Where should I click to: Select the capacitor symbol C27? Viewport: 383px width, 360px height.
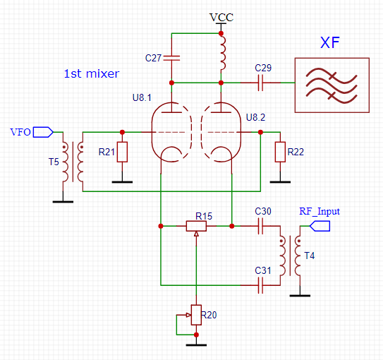(173, 57)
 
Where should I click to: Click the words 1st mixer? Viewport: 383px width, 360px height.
(92, 73)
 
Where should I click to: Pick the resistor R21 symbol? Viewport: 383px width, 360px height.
(123, 152)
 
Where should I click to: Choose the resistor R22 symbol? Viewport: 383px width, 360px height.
(281, 152)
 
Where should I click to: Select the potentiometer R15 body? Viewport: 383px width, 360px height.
(196, 226)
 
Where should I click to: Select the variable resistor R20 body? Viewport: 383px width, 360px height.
(196, 315)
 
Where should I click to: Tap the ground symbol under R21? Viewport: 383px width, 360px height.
(123, 181)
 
